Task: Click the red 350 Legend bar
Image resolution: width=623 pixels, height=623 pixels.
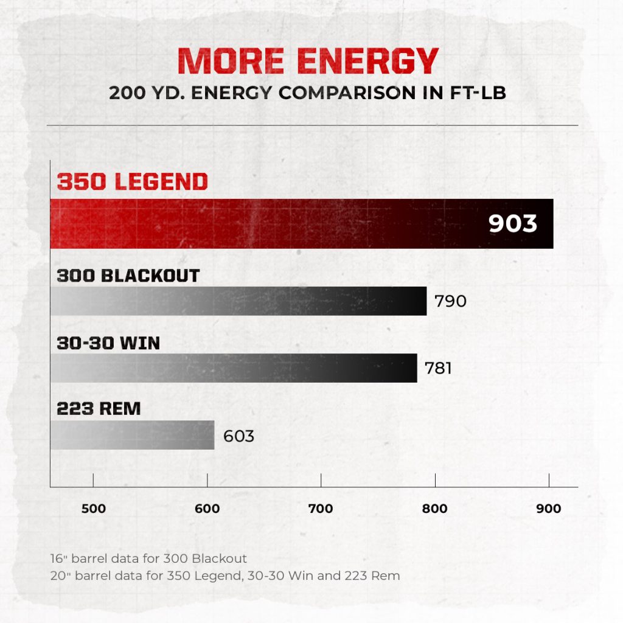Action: tap(274, 223)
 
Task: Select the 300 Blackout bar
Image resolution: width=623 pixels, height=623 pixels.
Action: tap(238, 301)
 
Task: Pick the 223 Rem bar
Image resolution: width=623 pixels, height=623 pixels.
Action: tap(132, 434)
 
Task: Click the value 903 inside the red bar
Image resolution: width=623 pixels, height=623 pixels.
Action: tap(513, 223)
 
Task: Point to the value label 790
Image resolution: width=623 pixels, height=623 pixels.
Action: tap(450, 301)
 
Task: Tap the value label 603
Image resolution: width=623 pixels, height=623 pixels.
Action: tap(238, 436)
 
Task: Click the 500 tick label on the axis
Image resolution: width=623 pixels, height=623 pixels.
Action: tap(93, 509)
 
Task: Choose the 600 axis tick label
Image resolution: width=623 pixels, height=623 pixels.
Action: tap(207, 509)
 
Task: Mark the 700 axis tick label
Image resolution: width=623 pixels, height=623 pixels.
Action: tap(321, 509)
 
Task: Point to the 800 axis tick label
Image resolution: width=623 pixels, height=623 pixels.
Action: tap(435, 509)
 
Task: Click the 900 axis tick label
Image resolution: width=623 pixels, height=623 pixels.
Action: tap(549, 509)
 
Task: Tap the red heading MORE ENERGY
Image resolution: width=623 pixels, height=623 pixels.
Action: tap(308, 61)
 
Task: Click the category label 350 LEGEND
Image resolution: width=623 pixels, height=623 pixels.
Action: tap(132, 182)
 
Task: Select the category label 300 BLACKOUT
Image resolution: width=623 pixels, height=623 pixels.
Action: tap(128, 276)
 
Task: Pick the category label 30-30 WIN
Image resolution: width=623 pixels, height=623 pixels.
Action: tap(108, 343)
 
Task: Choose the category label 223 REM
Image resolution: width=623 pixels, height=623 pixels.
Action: tap(99, 409)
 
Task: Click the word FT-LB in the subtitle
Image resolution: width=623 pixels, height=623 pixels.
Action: tap(481, 94)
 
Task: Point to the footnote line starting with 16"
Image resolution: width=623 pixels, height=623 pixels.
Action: tap(148, 558)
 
